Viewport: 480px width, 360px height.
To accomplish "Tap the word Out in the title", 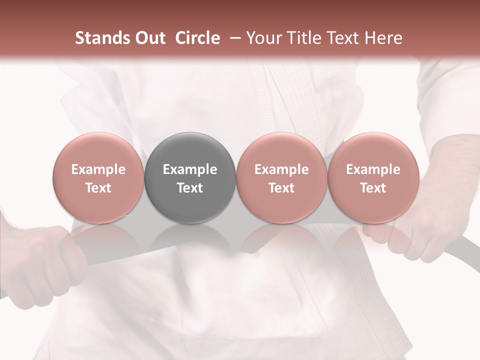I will click(148, 38).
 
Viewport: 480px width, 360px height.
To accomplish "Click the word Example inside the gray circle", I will click(190, 169).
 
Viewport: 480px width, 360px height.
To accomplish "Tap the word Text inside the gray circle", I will click(190, 188).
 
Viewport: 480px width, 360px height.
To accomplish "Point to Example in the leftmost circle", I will click(98, 169).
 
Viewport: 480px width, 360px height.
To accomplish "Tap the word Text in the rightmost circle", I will click(373, 188).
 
